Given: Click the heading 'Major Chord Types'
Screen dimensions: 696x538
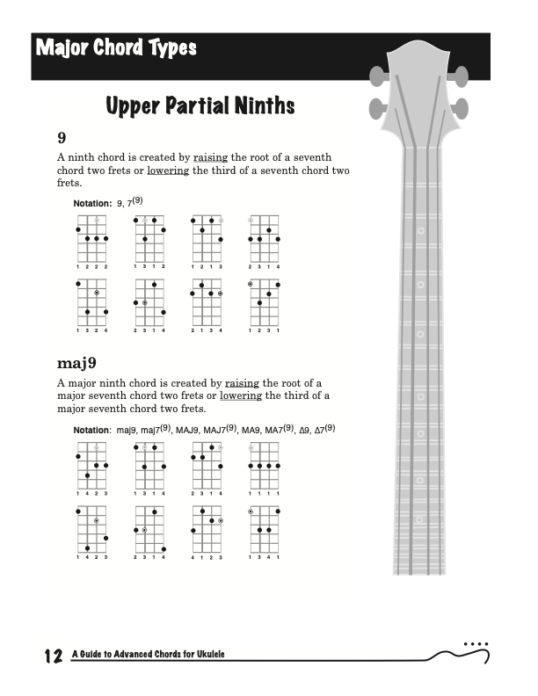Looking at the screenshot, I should coord(116,47).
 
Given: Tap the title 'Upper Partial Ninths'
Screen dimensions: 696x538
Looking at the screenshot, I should coord(200,107).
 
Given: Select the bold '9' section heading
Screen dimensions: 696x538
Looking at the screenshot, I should coord(62,138).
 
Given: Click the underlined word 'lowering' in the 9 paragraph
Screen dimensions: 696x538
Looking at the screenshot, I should coord(167,170).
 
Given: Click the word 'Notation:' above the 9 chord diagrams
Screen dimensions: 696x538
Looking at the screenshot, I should coord(92,204).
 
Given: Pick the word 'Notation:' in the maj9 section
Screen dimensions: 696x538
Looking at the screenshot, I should coord(92,431).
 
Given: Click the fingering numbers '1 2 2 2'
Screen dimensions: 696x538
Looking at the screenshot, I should coord(91,266).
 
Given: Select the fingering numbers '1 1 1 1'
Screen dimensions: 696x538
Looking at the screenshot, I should coord(265,494).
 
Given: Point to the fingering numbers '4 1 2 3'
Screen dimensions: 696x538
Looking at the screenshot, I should coord(207,557).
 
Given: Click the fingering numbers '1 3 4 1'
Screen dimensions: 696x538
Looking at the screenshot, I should coord(265,557).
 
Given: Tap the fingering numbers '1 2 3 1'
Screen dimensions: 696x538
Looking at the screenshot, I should coord(265,330).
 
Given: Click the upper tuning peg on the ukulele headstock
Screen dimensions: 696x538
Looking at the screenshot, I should coord(376,76).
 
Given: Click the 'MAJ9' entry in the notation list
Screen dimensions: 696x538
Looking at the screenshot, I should coord(186,431).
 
